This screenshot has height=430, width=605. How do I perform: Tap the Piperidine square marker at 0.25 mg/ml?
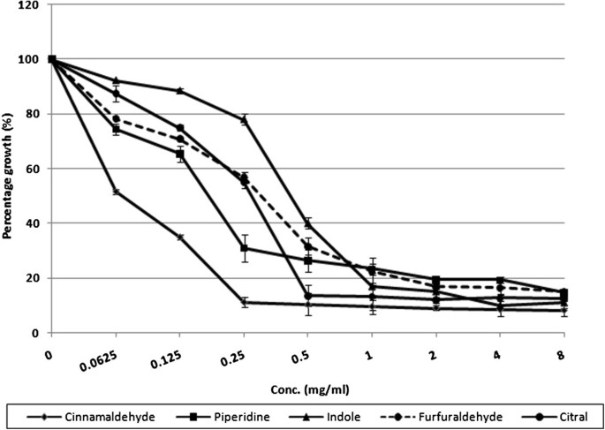[x=244, y=248]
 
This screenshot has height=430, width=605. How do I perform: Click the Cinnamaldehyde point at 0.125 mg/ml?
[x=180, y=237]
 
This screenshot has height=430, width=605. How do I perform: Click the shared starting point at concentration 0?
[x=52, y=59]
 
